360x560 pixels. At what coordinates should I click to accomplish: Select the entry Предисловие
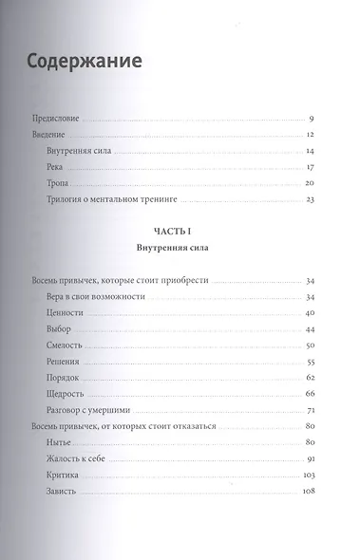(54, 119)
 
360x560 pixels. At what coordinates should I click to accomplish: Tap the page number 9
(312, 119)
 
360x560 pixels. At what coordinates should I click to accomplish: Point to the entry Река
(54, 167)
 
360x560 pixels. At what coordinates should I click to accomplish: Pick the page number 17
(310, 167)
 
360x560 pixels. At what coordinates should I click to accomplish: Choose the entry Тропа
(57, 182)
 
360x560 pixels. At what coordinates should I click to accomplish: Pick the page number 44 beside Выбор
(310, 329)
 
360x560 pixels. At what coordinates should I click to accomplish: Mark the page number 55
(310, 363)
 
